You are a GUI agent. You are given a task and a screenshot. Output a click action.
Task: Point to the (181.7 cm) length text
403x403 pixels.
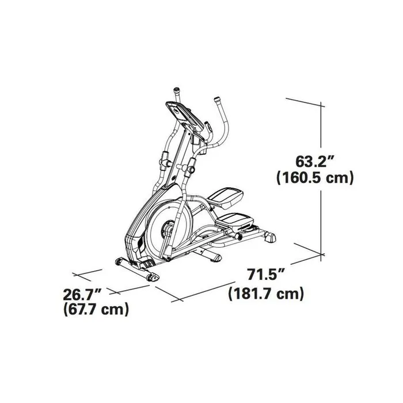(266, 294)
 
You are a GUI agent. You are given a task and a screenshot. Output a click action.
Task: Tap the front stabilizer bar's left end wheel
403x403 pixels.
(119, 262)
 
